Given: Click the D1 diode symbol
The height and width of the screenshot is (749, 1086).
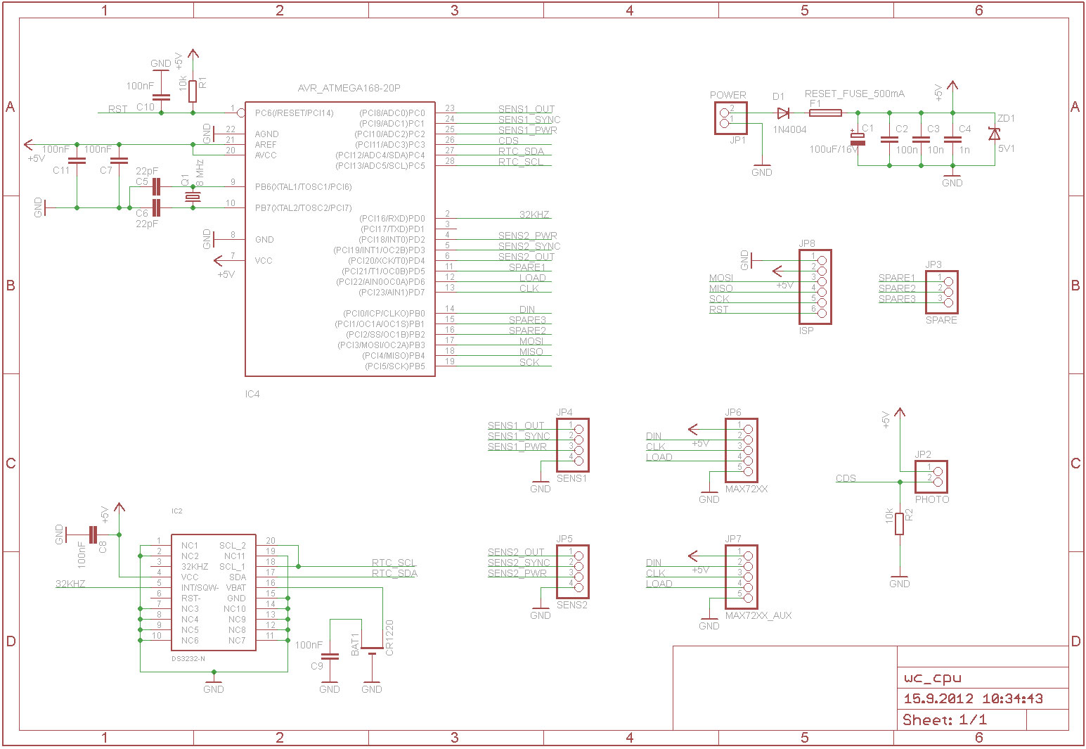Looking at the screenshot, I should point(783,113).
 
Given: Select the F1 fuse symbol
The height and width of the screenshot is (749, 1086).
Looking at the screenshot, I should point(826,113).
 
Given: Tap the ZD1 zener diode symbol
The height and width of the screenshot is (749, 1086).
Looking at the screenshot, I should point(994,134).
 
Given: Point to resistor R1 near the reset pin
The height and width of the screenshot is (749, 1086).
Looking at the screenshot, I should point(193,91).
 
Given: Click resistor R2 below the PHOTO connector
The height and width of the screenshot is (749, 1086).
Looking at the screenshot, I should point(899,524).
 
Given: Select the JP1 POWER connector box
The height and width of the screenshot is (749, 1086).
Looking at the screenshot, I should point(730,118).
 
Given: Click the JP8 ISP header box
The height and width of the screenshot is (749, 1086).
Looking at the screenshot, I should point(815,287).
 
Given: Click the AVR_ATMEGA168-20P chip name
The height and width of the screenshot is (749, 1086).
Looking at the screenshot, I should point(349,89).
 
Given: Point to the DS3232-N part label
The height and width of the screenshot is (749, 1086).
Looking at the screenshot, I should point(188,659).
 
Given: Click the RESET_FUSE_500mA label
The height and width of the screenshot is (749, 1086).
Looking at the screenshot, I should point(854,94).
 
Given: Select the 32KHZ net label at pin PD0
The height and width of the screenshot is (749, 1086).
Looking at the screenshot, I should point(534,215).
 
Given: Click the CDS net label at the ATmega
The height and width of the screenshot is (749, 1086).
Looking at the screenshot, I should point(508,141).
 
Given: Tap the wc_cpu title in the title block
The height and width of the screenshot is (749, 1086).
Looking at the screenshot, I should point(932,678).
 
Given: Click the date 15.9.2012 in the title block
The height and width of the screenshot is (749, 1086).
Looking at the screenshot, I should point(938,698).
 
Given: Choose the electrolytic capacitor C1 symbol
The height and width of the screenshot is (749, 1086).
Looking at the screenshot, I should point(858,139).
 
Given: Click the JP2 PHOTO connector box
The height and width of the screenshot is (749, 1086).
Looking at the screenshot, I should point(931,477).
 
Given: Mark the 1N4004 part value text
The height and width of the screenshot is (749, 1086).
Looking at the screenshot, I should point(789,130).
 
